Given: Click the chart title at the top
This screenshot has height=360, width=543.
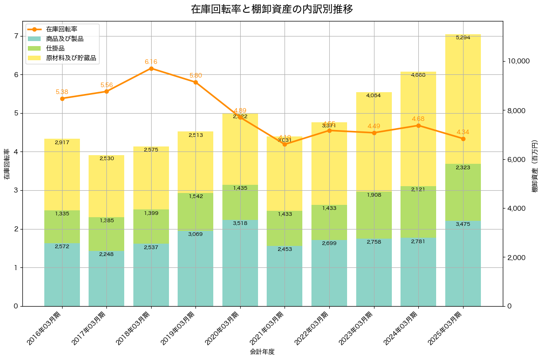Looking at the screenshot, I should coord(272,9).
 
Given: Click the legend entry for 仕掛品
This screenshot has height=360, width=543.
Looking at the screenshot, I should coord(55,48).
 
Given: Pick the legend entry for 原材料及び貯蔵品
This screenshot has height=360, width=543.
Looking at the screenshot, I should coord(71,58).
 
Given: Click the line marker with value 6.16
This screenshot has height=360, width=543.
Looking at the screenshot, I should coord(151,68).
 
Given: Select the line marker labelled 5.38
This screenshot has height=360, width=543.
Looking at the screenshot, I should coord(62,99).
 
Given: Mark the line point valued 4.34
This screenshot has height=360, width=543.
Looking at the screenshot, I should coord(463,139).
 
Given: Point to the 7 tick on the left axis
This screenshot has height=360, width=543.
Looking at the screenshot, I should coord(16,36).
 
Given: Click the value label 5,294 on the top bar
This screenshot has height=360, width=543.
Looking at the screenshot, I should coord(463,37).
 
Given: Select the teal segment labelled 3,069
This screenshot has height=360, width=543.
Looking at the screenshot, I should coord(195,268).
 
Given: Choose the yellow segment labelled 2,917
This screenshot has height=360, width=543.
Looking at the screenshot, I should coord(62,175).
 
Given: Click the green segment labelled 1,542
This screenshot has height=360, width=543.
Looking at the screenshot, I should coord(195,212).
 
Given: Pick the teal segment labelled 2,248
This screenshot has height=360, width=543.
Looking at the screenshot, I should coord(106,278).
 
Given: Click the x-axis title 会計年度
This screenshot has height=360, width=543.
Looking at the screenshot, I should coord(262,352).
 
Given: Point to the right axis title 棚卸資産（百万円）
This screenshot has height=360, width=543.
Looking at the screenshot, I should coord(535,166).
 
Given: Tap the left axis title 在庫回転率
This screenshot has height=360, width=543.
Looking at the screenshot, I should coord(6,164).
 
